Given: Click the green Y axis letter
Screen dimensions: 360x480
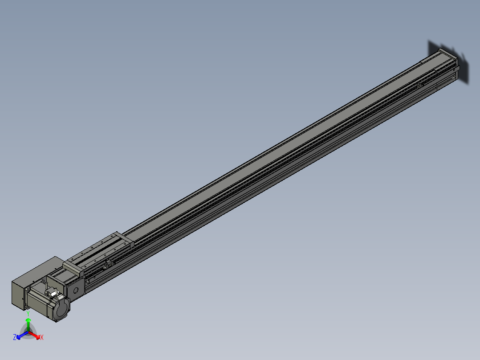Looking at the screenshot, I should tap(28, 313).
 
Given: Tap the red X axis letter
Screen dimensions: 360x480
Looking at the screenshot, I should tap(42, 338).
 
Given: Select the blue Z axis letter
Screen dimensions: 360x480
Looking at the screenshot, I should tap(15, 338).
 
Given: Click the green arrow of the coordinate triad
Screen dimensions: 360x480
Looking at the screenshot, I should tap(28, 323).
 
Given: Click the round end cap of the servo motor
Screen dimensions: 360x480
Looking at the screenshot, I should tap(62, 308).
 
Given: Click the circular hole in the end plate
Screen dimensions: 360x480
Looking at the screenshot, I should tap(75, 290).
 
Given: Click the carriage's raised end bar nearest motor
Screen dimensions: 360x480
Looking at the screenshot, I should tap(73, 268).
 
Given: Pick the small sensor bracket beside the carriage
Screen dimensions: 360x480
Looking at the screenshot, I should tap(106, 266).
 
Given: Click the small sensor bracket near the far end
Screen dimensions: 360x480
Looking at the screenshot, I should tap(419, 85).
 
